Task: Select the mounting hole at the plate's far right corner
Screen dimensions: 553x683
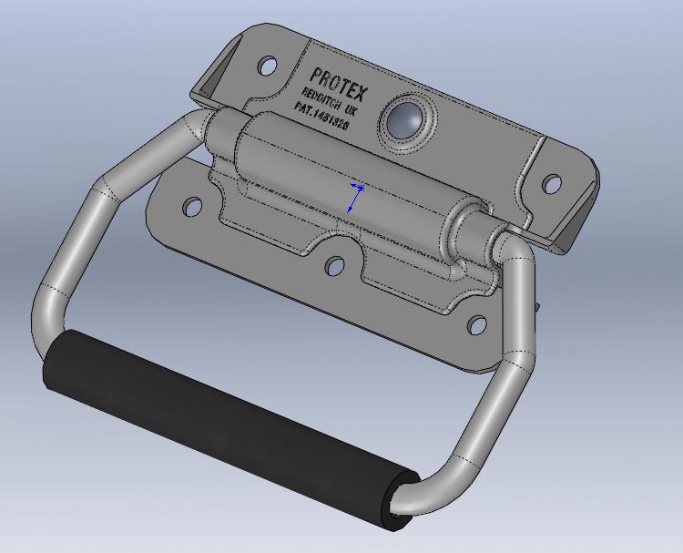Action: pyautogui.click(x=551, y=184)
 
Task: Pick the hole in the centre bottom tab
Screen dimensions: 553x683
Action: pyautogui.click(x=335, y=266)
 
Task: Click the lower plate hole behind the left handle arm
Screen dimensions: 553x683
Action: pyautogui.click(x=191, y=207)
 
